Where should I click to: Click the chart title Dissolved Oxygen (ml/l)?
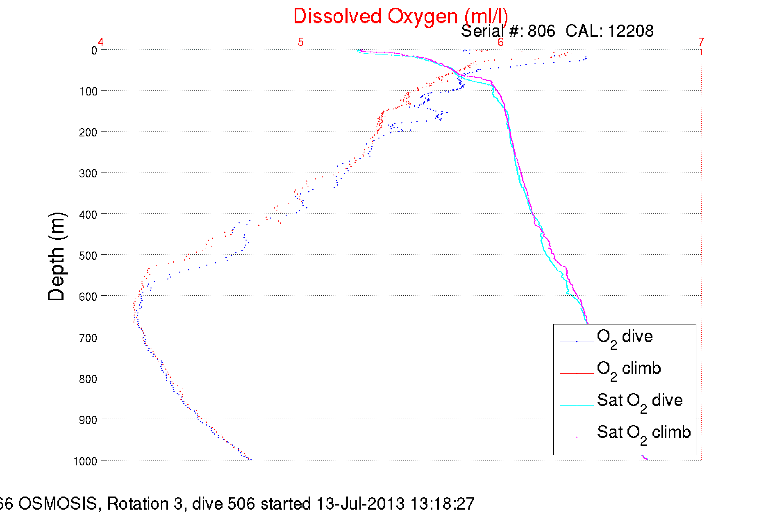click(400, 17)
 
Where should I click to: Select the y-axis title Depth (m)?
click(57, 257)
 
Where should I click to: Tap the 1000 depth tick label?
click(85, 461)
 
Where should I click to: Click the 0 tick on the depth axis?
click(94, 51)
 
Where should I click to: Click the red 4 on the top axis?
click(100, 42)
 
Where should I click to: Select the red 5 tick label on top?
click(301, 42)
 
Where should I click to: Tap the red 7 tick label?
click(701, 42)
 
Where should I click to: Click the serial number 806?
click(541, 31)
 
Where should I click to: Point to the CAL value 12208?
click(630, 31)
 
